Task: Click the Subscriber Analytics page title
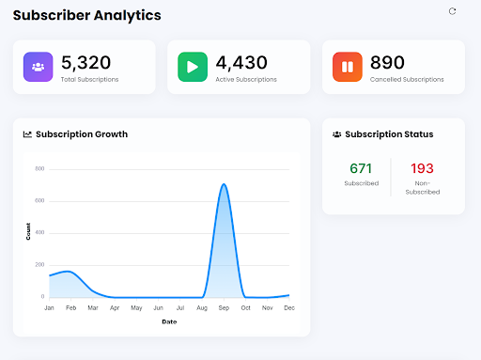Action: [x=86, y=15]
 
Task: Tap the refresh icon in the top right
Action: [x=452, y=11]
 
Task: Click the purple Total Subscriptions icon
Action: [x=38, y=67]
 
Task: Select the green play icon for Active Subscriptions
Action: [x=192, y=67]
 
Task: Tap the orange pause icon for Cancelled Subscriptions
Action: [x=347, y=67]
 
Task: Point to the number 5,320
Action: [x=85, y=62]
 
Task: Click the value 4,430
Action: [x=240, y=62]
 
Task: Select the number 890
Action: [x=387, y=62]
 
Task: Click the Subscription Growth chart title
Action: [x=81, y=134]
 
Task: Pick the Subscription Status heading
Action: [x=389, y=134]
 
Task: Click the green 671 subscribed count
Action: [x=361, y=168]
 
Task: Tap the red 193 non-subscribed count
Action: [x=422, y=168]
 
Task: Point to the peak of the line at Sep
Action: [x=224, y=184]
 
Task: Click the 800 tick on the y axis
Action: [x=39, y=169]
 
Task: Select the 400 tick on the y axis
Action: [x=39, y=233]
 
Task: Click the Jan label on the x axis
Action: [x=48, y=307]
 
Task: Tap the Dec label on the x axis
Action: [x=289, y=307]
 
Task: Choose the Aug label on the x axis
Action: [x=202, y=307]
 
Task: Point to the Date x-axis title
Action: [x=168, y=321]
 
